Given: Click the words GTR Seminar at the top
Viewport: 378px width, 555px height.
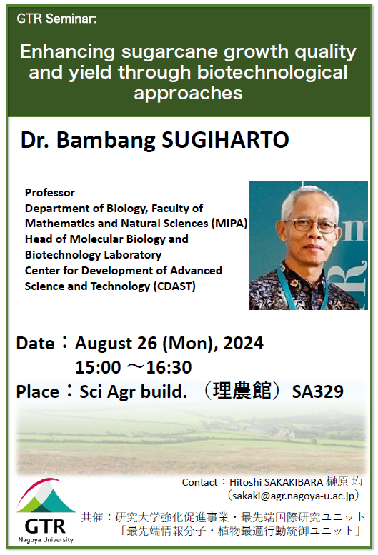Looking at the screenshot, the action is (56, 19).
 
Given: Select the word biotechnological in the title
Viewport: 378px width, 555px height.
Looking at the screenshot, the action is (272, 72).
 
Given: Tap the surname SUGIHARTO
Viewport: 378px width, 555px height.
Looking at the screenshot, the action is (226, 140).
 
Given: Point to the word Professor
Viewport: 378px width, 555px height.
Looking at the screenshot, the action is (50, 193).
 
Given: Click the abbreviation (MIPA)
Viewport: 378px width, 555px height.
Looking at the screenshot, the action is (229, 224).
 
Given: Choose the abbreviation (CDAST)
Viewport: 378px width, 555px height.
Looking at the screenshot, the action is (174, 286).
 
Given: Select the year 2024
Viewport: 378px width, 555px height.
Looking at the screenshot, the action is (244, 343).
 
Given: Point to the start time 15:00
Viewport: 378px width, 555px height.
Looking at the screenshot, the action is (98, 367).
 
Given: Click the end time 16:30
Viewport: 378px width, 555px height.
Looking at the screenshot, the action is (169, 367).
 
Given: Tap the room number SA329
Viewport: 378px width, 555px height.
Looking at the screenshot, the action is (317, 391).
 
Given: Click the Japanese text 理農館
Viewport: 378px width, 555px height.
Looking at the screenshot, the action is (242, 391).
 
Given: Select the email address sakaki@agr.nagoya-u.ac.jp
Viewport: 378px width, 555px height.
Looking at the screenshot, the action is (293, 496).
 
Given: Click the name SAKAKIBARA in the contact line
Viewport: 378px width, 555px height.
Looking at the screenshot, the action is (294, 482).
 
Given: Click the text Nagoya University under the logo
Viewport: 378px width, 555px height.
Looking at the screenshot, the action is (46, 540).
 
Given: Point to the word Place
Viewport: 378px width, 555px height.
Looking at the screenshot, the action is (38, 392).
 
